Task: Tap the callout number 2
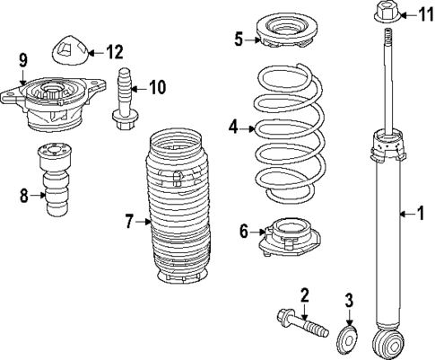(305, 294)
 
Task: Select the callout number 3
(351, 299)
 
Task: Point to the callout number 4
(234, 128)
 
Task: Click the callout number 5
(239, 39)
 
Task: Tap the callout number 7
(129, 221)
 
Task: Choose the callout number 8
(24, 192)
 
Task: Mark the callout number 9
(24, 62)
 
